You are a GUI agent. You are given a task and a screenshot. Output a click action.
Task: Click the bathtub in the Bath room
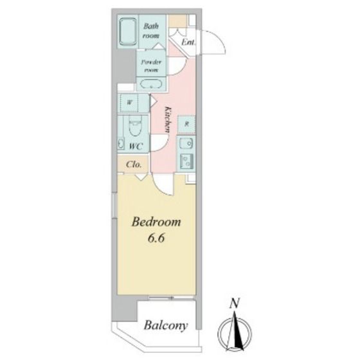128,32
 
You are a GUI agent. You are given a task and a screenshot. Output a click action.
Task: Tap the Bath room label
151,31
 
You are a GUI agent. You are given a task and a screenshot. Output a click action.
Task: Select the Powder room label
151,66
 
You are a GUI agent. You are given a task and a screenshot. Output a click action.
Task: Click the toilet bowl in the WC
136,125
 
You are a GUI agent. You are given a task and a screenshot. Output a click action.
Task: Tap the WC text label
136,146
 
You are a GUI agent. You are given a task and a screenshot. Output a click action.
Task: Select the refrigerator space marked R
186,125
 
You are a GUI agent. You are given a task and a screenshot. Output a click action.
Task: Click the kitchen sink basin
186,144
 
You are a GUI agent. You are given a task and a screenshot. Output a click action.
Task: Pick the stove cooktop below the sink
186,161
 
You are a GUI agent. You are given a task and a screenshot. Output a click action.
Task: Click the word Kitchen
168,120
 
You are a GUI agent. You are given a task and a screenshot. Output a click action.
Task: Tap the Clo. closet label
134,165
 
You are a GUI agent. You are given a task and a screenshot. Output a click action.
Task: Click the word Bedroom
156,222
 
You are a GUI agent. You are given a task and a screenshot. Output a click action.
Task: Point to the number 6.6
156,238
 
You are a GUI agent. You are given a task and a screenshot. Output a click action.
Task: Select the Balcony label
166,326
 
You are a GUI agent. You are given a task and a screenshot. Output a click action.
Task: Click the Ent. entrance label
188,42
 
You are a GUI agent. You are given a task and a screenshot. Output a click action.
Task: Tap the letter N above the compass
235,303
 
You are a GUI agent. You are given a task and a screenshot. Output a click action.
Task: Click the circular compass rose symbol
235,332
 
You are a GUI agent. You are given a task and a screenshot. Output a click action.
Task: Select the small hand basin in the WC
120,143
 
